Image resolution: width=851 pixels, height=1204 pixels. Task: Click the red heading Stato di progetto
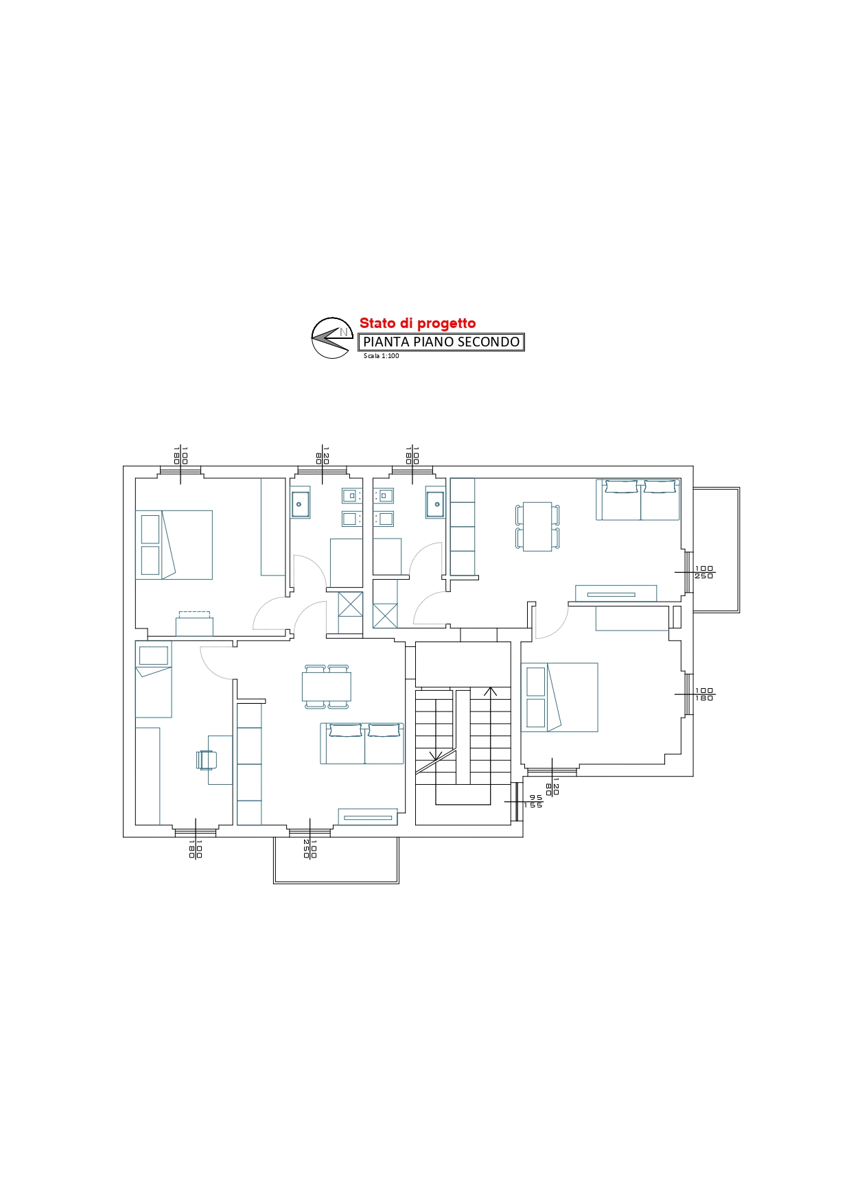tap(417, 323)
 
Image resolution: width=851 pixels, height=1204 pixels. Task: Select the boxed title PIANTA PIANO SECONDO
tap(441, 342)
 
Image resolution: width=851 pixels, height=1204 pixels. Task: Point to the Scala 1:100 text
tap(381, 356)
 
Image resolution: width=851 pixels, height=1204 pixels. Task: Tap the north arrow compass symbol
tap(332, 338)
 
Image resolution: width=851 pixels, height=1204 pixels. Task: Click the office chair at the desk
tap(207, 759)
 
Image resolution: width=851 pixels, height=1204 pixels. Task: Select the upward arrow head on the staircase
tap(490, 692)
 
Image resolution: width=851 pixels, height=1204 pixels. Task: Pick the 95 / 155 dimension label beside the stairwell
tap(533, 801)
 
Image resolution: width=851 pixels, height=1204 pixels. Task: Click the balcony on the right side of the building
tap(716, 550)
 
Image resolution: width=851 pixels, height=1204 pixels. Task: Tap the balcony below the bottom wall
tap(336, 860)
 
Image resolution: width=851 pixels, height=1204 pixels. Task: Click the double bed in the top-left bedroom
tap(174, 545)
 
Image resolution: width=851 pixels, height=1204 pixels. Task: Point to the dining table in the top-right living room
tap(537, 526)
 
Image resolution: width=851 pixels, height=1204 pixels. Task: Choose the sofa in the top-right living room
tap(638, 499)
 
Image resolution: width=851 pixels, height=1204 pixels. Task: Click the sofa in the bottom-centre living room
tap(362, 743)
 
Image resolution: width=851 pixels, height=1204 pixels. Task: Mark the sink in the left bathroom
tap(300, 504)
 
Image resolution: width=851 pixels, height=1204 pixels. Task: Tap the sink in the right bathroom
tap(436, 504)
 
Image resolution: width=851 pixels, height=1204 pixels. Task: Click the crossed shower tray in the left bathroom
tap(351, 604)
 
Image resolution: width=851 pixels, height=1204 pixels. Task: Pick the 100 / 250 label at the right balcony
tap(704, 572)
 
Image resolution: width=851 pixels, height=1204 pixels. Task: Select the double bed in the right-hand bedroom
tap(559, 697)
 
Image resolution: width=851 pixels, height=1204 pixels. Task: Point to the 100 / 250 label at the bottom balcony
tap(310, 849)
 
